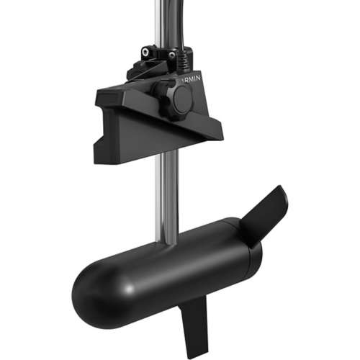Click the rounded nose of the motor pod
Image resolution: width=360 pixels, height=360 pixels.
90,292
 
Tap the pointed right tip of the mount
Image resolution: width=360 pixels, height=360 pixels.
220,133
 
